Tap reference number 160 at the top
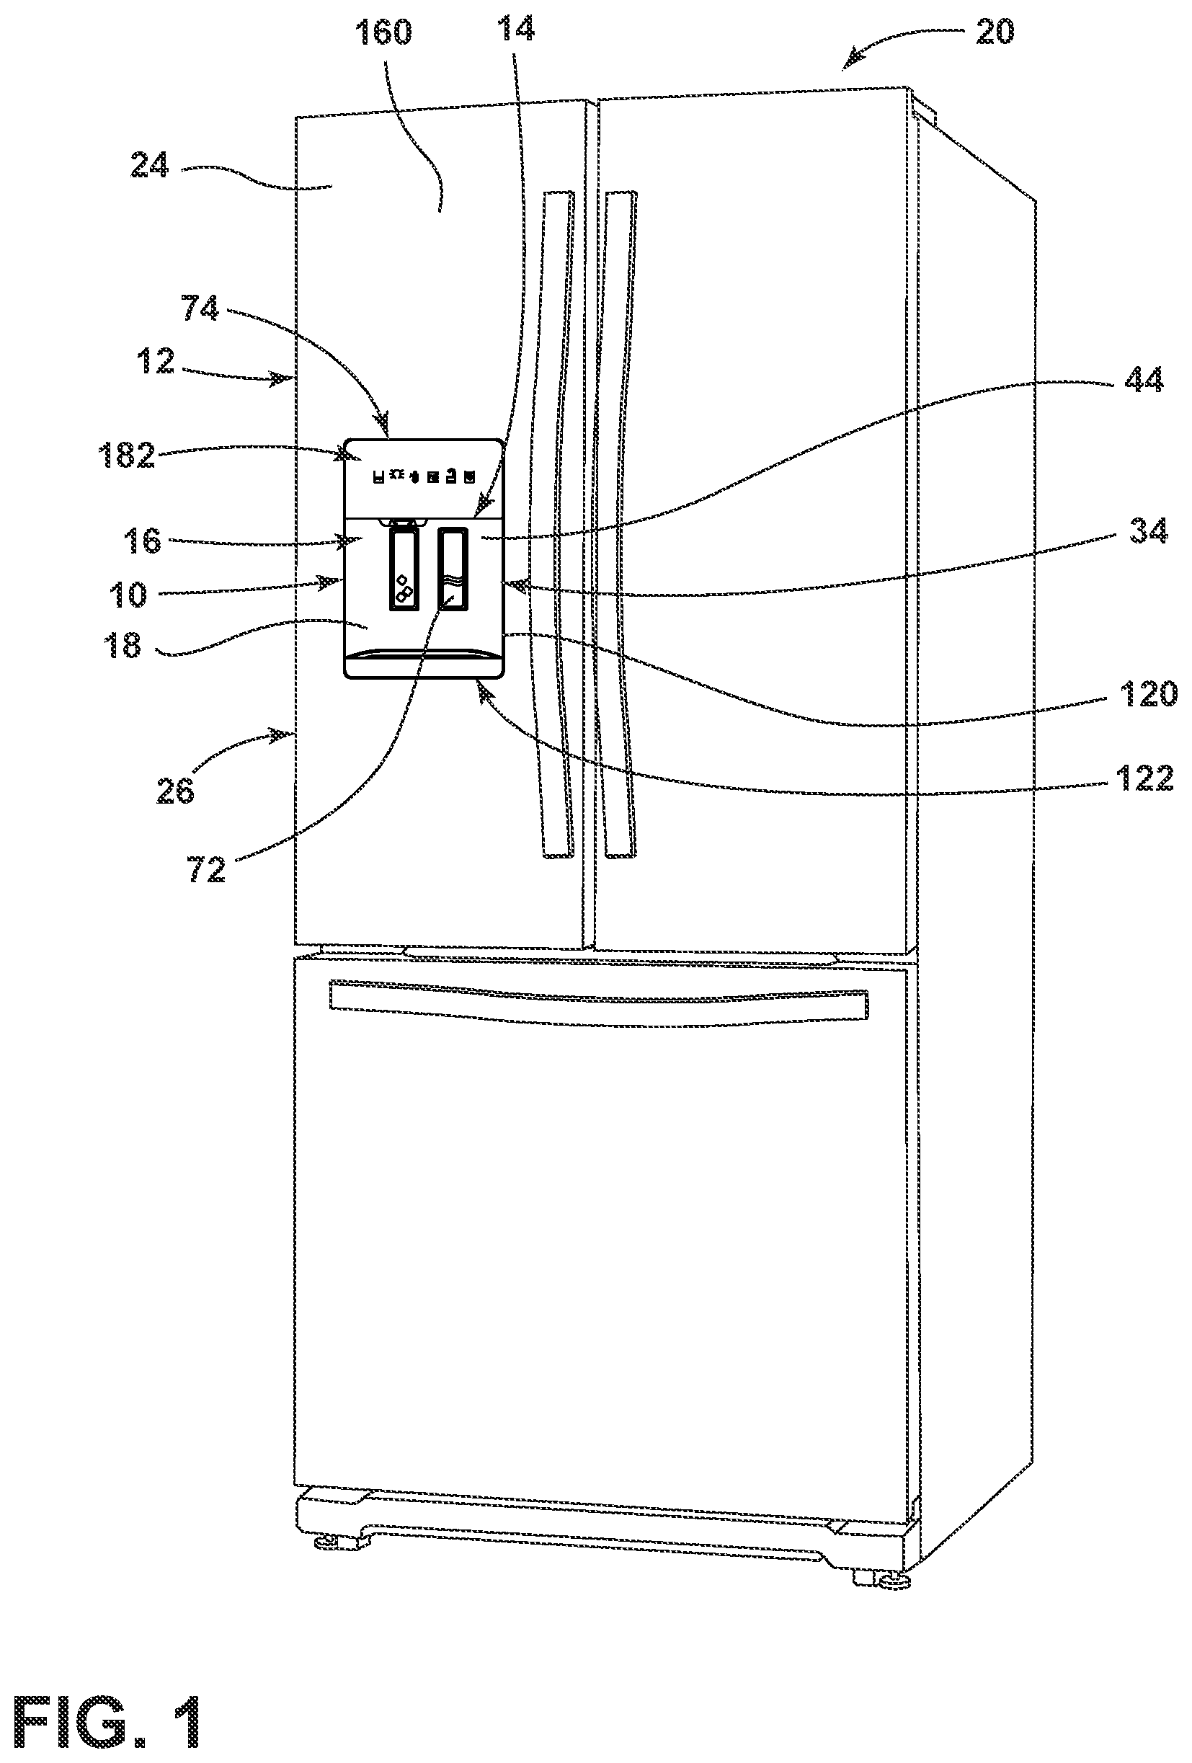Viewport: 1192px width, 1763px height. (x=383, y=32)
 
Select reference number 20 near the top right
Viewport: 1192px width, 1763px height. (x=994, y=32)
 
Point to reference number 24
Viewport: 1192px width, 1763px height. (x=149, y=164)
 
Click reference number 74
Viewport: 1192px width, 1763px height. (x=200, y=308)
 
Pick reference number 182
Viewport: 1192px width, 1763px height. (x=128, y=456)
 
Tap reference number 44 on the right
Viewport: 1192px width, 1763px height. (x=1144, y=379)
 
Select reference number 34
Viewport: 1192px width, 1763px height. (x=1148, y=531)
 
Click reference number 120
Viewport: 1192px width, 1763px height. (x=1148, y=694)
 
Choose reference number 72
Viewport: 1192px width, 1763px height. (x=206, y=870)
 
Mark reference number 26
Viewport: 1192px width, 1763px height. (x=175, y=791)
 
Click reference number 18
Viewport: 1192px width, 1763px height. (x=123, y=645)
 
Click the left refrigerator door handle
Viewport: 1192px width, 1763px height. (x=559, y=523)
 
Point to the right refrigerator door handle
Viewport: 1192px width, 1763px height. (x=621, y=523)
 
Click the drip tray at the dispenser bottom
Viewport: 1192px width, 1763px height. (x=424, y=663)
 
